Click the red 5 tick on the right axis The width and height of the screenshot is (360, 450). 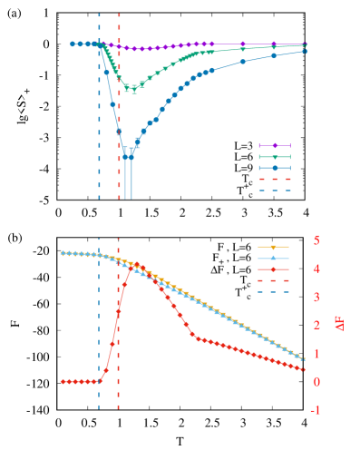[316, 240]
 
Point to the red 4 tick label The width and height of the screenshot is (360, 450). [316, 269]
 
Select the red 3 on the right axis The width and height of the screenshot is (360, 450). [316, 297]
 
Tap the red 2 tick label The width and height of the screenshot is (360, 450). [316, 325]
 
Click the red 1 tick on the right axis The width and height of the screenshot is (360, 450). [316, 353]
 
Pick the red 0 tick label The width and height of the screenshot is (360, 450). [316, 381]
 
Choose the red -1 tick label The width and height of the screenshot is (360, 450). [315, 409]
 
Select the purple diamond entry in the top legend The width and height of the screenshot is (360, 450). [275, 145]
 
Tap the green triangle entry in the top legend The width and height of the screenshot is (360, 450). [275, 157]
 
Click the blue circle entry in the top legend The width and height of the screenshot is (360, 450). [275, 168]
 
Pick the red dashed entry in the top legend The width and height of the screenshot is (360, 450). [275, 180]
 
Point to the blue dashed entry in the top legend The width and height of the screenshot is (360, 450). [275, 191]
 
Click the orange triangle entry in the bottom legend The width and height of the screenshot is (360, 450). [273, 247]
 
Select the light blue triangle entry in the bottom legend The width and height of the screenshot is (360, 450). [273, 259]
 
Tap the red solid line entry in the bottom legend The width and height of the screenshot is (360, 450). [273, 269]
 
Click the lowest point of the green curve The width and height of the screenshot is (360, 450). [132, 88]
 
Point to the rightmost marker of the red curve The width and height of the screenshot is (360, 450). [305, 369]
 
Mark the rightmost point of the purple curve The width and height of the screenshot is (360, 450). [305, 44]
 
